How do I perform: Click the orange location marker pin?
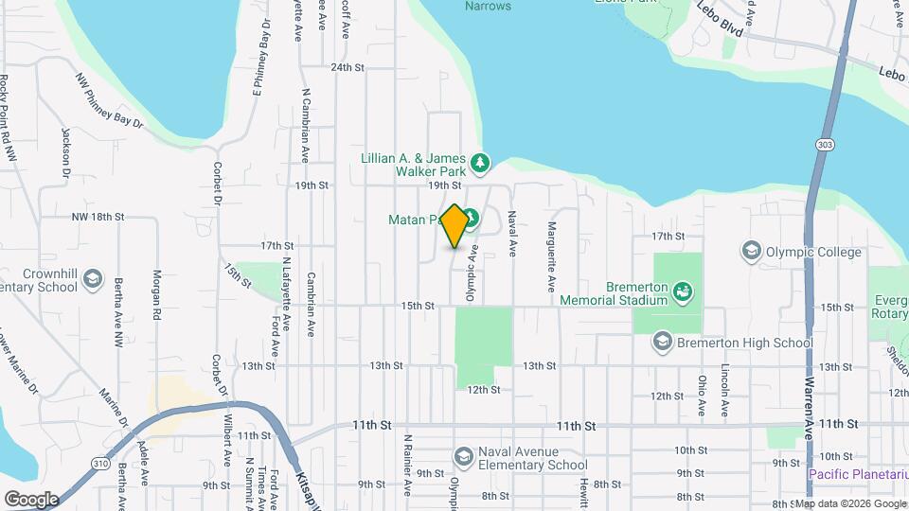tap(454, 226)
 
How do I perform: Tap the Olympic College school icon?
tap(752, 252)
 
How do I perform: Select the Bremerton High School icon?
tap(662, 343)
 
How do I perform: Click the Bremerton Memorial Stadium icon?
tap(682, 292)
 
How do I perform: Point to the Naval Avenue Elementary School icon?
tap(464, 458)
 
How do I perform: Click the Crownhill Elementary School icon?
tap(93, 279)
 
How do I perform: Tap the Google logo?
tap(31, 499)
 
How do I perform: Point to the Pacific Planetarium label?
tap(858, 472)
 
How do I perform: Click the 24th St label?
tap(348, 67)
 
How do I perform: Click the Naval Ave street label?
tap(511, 234)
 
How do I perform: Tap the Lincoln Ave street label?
tap(724, 391)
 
